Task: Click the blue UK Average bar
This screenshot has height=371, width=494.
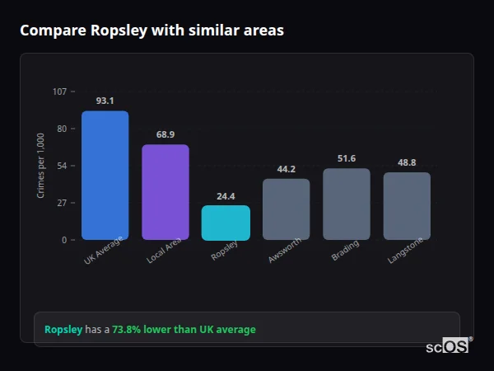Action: (105, 176)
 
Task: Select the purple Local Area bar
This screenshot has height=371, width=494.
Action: (165, 192)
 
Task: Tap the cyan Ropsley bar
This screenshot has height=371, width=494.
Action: (226, 223)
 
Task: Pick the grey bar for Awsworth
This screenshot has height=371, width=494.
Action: (286, 209)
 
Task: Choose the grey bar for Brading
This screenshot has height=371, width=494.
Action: (346, 204)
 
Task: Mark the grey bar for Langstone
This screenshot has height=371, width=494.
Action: (407, 206)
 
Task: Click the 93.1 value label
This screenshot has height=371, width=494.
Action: (105, 101)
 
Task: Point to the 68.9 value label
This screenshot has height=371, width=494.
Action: (165, 134)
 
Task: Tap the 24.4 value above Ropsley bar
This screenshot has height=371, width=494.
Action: (226, 196)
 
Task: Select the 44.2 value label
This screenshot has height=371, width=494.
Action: (286, 169)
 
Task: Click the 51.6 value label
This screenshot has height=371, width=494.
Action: (346, 158)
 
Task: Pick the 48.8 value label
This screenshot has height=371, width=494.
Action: (407, 162)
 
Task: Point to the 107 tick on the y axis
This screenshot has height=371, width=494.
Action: (59, 92)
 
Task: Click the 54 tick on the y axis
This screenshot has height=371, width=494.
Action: (62, 166)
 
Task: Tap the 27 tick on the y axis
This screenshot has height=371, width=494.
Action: (62, 203)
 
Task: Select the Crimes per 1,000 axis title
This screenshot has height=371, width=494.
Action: (41, 165)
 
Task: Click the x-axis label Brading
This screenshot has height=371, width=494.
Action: (344, 251)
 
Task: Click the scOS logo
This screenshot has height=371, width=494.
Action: (448, 346)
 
